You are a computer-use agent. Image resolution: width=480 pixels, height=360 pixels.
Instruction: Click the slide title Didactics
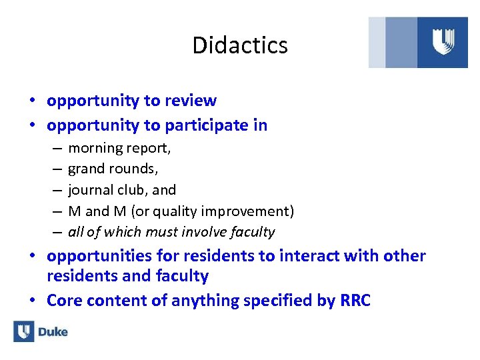[x=240, y=45]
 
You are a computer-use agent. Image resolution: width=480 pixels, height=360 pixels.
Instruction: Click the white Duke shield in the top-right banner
[x=443, y=42]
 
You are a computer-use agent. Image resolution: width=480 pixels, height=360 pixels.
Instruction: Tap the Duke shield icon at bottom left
[x=23, y=331]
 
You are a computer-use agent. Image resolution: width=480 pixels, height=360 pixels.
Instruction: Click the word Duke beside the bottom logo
[x=53, y=332]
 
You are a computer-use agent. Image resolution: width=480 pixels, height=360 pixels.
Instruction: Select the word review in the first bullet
[x=191, y=101]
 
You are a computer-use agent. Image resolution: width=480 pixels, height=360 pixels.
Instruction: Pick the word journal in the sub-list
[x=89, y=190]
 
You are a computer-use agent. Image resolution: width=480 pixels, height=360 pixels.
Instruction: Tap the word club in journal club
[x=134, y=190]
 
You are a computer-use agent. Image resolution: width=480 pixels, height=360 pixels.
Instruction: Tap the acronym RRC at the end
[x=355, y=301]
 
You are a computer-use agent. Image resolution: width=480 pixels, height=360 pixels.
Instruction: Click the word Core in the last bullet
[x=63, y=301]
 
